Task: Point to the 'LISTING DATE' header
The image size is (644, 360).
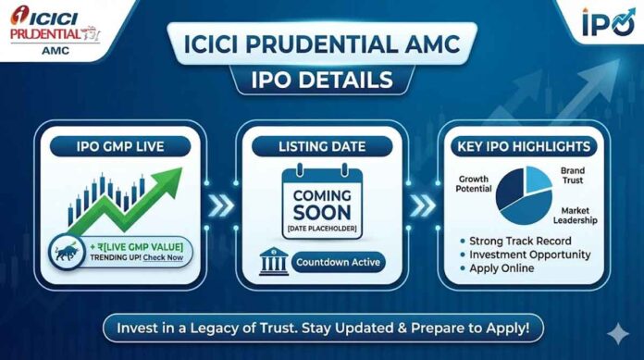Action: point(321,145)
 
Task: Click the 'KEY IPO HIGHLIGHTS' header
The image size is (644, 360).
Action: point(524,145)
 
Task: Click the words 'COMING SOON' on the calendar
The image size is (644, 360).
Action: point(321,205)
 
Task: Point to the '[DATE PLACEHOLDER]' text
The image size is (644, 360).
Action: point(321,227)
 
